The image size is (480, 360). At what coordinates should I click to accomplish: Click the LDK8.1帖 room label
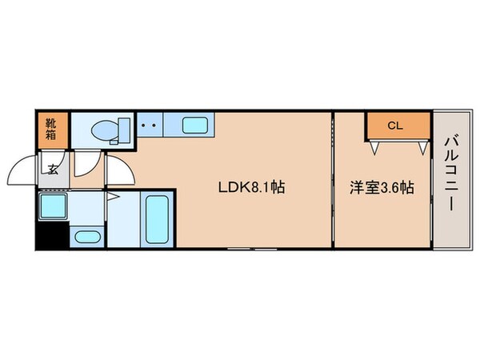click(x=252, y=188)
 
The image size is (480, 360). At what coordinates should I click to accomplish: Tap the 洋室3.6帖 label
click(x=382, y=188)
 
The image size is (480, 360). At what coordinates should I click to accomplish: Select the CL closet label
click(x=394, y=126)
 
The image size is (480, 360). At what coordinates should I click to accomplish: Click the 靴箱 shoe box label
click(x=50, y=129)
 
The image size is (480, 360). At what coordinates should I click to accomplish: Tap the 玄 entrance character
click(x=51, y=169)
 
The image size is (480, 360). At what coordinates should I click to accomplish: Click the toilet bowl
click(x=103, y=130)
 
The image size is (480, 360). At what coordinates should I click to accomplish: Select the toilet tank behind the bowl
click(x=125, y=130)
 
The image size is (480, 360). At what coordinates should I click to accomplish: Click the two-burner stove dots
click(x=148, y=126)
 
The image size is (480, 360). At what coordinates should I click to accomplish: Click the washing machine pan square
click(x=54, y=207)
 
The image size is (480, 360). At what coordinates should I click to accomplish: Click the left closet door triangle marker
click(x=374, y=146)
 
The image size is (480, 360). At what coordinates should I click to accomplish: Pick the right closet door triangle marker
click(x=421, y=146)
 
